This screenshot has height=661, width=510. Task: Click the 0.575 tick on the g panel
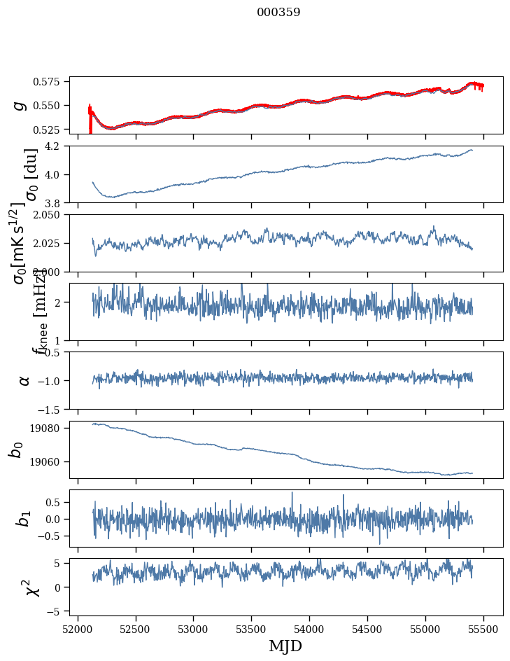click(52, 82)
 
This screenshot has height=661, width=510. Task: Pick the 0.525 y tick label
click(52, 130)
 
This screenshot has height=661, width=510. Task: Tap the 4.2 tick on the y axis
click(57, 146)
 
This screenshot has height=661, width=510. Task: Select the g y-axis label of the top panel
click(21, 105)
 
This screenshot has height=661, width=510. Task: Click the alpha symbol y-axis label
click(24, 380)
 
